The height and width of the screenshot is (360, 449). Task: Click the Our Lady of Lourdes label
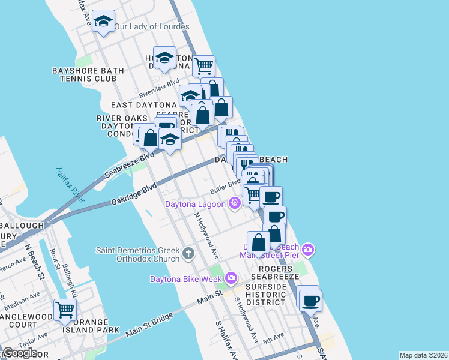[x=151, y=27]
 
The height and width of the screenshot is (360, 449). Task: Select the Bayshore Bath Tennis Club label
[x=88, y=74]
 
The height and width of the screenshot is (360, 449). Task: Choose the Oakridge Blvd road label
[x=134, y=195]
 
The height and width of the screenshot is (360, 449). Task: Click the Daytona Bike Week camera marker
[x=231, y=278]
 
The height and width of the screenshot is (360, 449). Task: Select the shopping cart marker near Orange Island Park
[x=65, y=310]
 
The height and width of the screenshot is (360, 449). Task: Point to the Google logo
[x=20, y=352]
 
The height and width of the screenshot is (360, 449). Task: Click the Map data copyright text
[x=423, y=355]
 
